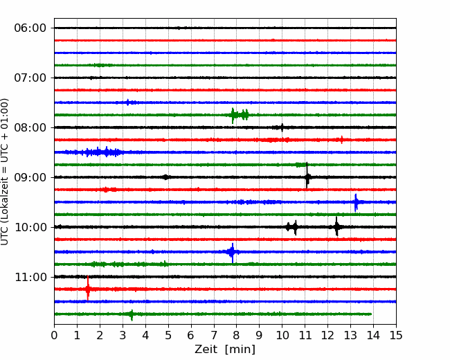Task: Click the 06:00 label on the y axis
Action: click(30, 28)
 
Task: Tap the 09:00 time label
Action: click(30, 177)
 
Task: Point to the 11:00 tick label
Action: click(30, 278)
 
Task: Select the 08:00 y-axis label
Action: click(30, 127)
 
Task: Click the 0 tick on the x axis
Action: click(54, 335)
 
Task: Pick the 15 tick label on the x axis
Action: click(396, 335)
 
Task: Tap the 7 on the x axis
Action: click(214, 335)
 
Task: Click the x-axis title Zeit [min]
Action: click(225, 349)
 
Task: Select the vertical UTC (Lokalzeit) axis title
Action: click(5, 172)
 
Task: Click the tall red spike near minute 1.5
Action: click(87, 288)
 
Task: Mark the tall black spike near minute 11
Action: click(307, 176)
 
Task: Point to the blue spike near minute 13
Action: click(356, 202)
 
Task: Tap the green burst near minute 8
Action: click(240, 115)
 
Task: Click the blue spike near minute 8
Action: click(232, 252)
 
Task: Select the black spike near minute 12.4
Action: click(336, 227)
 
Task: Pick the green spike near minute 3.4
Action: click(132, 315)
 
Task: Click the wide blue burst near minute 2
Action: click(95, 152)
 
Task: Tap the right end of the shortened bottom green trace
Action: click(371, 314)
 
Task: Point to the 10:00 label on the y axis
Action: click(30, 227)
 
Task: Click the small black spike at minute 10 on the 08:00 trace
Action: click(282, 127)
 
